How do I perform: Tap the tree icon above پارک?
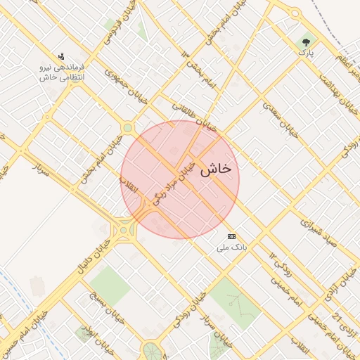click(305, 41)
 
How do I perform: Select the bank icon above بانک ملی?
click(231, 236)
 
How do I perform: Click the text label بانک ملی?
click(231, 248)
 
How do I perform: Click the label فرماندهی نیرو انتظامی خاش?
click(63, 72)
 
